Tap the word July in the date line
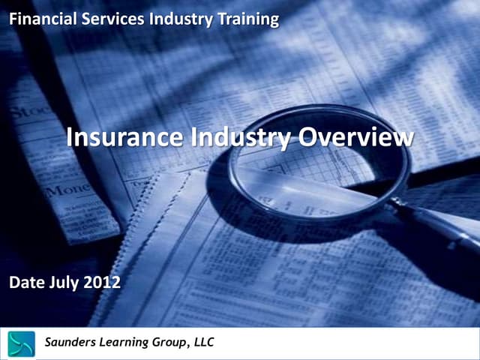[62, 283]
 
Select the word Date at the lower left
[25, 283]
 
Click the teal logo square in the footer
[21, 343]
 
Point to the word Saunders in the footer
[73, 343]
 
